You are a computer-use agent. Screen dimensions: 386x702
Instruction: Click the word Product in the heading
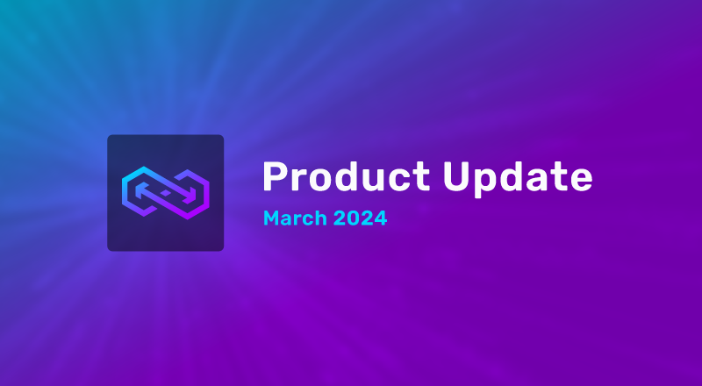[346, 178]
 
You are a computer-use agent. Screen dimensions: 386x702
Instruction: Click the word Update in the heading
[516, 178]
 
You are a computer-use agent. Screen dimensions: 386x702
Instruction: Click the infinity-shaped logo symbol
[165, 193]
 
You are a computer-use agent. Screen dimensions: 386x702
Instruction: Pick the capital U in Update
[455, 178]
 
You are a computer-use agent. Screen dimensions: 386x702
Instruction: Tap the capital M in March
[271, 218]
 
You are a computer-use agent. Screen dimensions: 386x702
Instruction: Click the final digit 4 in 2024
[380, 218]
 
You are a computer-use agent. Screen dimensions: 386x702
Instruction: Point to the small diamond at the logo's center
[165, 193]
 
